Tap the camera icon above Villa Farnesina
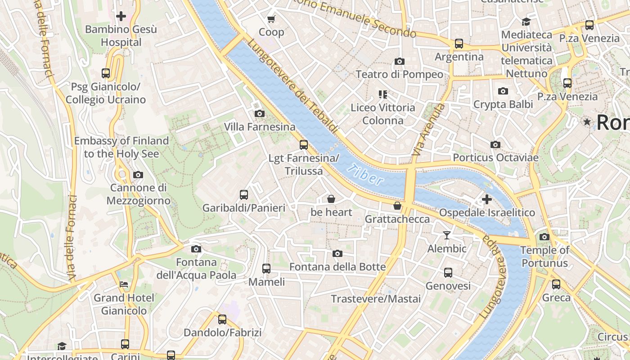pyautogui.click(x=259, y=113)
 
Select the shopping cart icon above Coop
pyautogui.click(x=271, y=19)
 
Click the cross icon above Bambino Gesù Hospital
pyautogui.click(x=121, y=17)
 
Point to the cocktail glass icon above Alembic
pyautogui.click(x=446, y=235)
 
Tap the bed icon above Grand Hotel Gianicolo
pyautogui.click(x=124, y=284)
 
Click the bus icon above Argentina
pyautogui.click(x=459, y=44)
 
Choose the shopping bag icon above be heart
pyautogui.click(x=331, y=198)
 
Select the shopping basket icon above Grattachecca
pyautogui.click(x=397, y=206)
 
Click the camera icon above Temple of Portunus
pyautogui.click(x=544, y=237)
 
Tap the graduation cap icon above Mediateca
pyautogui.click(x=526, y=21)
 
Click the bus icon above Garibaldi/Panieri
pyautogui.click(x=243, y=194)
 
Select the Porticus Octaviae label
pyautogui.click(x=495, y=157)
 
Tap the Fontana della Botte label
pyautogui.click(x=337, y=267)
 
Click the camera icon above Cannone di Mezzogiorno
pyautogui.click(x=138, y=175)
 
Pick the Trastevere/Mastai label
pyautogui.click(x=376, y=299)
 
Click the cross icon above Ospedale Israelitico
pyautogui.click(x=486, y=199)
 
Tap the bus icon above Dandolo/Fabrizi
pyautogui.click(x=222, y=319)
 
